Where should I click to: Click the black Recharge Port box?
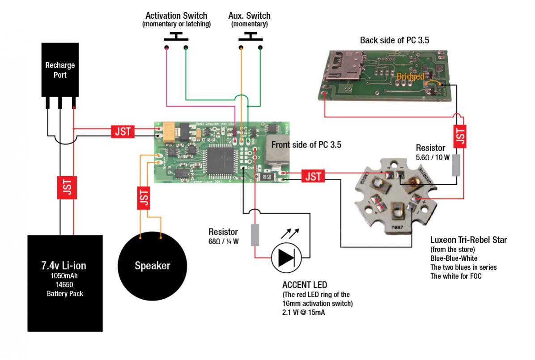pos(60,69)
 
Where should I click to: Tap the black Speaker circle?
pos(152,266)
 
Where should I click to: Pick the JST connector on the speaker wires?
pos(144,197)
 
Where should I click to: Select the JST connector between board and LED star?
pos(313,176)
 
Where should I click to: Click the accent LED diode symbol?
pos(287,258)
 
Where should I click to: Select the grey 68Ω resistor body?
pos(255,235)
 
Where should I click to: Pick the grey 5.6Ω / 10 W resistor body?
pos(456,165)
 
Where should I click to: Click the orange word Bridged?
pos(410,77)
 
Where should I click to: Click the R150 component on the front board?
pos(265,178)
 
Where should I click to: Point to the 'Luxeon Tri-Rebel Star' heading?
pos(468,240)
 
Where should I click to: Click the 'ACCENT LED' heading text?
pos(305,285)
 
